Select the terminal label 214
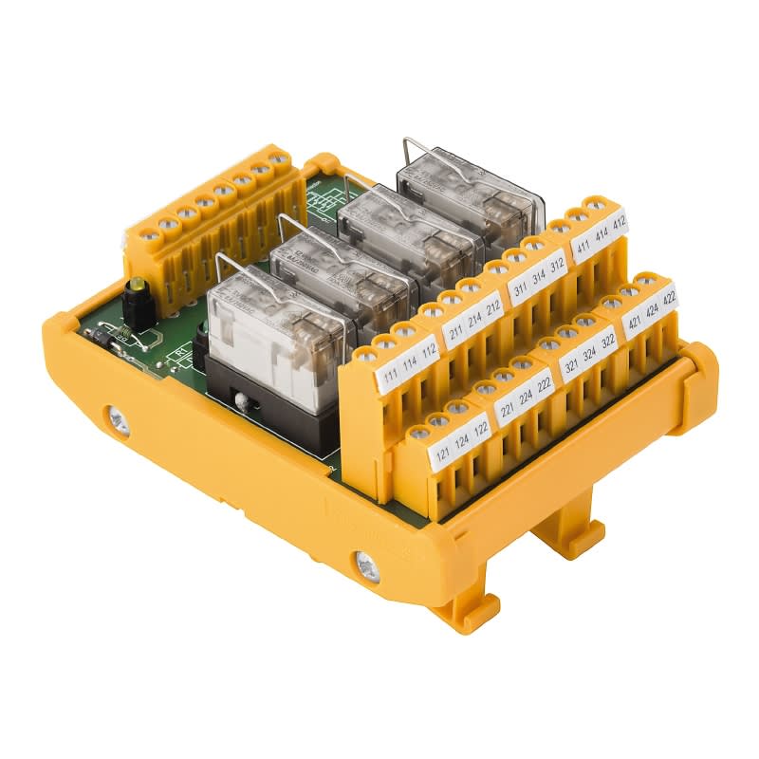pos(473,321)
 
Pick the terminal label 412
pos(619,224)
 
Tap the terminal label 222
pos(546,384)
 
